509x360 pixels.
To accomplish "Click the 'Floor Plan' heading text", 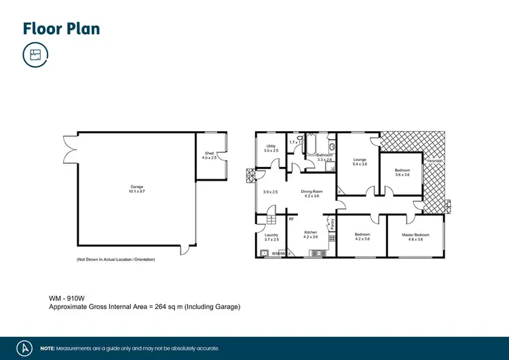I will (61, 29).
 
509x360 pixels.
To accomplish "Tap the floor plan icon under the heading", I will (35, 55).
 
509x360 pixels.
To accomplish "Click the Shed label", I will (209, 154).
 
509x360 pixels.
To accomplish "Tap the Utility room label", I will (271, 146).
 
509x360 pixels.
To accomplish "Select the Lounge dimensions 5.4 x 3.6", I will (360, 164).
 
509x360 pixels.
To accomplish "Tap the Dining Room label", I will (310, 192).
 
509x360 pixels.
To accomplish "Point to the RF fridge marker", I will (290, 219).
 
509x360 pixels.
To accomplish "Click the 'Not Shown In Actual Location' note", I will (115, 260).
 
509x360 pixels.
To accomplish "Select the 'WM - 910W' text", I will (65, 298).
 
